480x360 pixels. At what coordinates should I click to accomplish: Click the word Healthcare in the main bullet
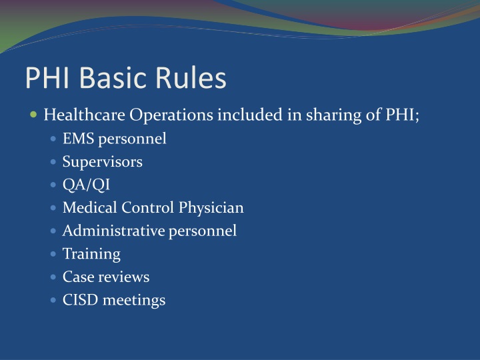tap(85, 115)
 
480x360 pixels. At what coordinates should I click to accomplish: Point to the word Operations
tap(167, 115)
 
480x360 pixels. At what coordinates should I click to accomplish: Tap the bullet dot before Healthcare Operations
tap(34, 115)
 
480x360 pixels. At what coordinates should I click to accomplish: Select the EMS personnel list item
tap(114, 139)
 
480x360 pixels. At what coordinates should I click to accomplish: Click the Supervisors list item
tap(103, 162)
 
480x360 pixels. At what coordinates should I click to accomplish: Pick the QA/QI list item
tap(86, 185)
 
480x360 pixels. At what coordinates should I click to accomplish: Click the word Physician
tap(211, 208)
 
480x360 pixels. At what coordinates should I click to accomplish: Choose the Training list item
tap(91, 254)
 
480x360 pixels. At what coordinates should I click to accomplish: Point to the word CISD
tap(79, 300)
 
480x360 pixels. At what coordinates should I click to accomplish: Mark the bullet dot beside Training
tap(54, 254)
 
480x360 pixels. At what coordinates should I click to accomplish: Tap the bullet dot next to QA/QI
tap(54, 185)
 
